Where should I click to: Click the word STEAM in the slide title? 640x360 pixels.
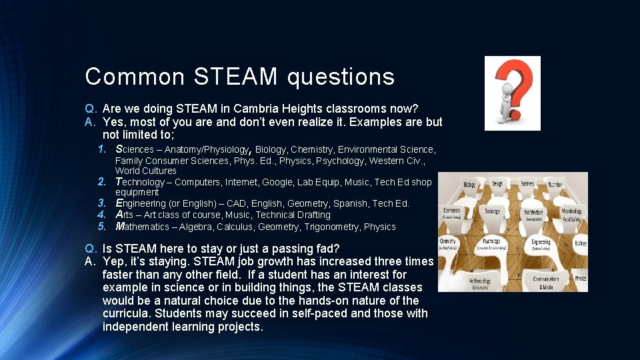pos(235,77)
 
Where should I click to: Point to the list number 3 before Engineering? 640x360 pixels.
pos(102,203)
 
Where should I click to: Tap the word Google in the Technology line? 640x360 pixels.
pos(278,182)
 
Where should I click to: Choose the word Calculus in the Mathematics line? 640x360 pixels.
pos(233,227)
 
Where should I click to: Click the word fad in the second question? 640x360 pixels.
pos(328,249)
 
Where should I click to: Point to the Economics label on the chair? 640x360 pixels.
pos(451,211)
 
